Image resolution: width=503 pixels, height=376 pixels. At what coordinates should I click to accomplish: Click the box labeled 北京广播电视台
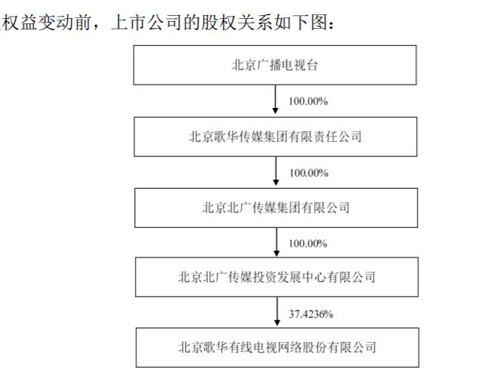[275, 65]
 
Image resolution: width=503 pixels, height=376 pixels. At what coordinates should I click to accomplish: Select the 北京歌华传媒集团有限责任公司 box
[276, 137]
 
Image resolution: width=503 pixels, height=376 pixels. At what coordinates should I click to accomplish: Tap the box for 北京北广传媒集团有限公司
[276, 208]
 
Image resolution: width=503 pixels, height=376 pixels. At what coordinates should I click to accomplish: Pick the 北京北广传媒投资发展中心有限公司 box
[277, 277]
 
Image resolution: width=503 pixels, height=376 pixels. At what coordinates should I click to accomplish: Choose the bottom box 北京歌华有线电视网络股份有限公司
[277, 347]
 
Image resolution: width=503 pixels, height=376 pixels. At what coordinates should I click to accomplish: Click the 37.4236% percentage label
[311, 314]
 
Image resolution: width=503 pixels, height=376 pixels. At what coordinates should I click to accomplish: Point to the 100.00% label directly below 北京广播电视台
[308, 101]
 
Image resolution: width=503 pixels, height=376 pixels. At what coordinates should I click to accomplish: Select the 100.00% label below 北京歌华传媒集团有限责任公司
[309, 173]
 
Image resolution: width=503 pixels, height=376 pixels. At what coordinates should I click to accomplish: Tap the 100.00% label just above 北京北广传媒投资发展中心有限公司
[308, 244]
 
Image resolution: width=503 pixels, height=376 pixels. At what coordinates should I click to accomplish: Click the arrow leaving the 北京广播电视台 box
[275, 99]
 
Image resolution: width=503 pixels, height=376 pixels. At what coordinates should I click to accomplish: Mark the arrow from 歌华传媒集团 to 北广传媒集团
[276, 171]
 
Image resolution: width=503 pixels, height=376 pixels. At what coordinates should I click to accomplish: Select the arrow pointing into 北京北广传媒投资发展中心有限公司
[276, 242]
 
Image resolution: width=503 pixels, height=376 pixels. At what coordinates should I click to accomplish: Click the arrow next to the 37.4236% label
[277, 311]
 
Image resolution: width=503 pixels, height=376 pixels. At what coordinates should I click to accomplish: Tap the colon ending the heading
[331, 24]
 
